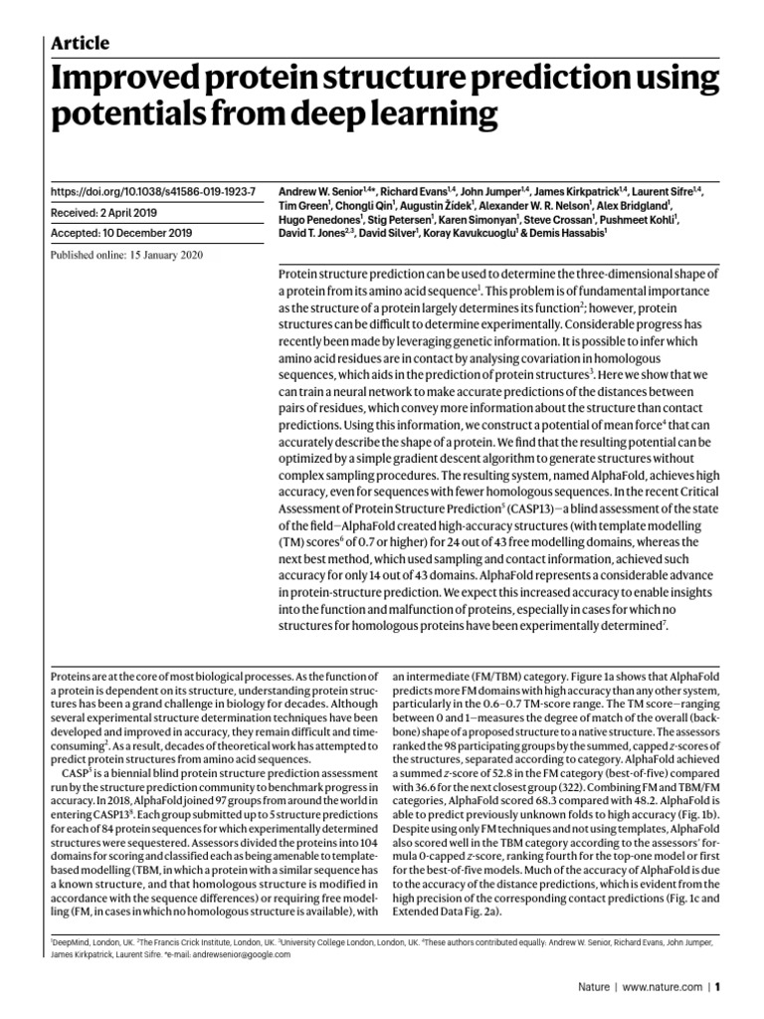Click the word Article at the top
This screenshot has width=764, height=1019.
[x=80, y=43]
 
